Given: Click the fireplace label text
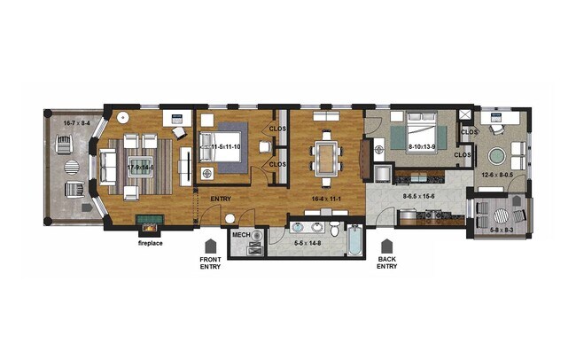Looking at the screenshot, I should (x=149, y=241).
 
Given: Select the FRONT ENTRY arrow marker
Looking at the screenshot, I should (x=209, y=245).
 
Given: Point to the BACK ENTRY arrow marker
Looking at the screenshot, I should (x=386, y=245).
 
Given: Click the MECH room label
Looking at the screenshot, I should (x=239, y=235).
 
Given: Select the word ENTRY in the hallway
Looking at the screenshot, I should (x=221, y=199).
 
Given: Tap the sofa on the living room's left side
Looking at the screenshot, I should (x=108, y=165).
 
